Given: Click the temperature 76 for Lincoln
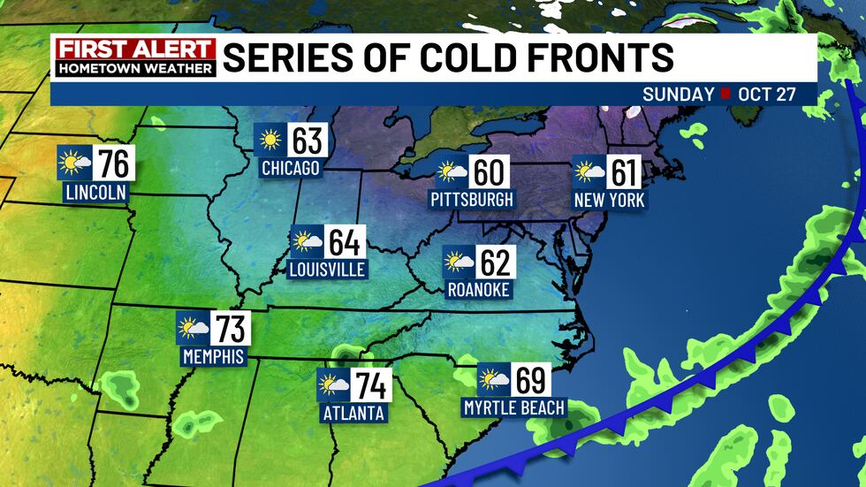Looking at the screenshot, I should [112, 164].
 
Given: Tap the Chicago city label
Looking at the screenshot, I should [290, 168].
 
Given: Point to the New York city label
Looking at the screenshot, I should [609, 201].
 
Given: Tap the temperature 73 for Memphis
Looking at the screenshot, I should [231, 331].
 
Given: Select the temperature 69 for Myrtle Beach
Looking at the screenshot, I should [529, 381].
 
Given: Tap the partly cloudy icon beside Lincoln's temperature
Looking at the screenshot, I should [74, 163].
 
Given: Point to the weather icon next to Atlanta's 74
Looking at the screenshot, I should [334, 385].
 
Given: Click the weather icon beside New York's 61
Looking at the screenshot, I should [589, 171].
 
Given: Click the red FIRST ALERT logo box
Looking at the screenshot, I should [134, 49].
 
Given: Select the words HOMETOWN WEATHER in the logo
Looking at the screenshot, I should [134, 67].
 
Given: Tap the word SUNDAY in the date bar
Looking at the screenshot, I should [678, 95].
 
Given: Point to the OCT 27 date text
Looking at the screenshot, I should [764, 95].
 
